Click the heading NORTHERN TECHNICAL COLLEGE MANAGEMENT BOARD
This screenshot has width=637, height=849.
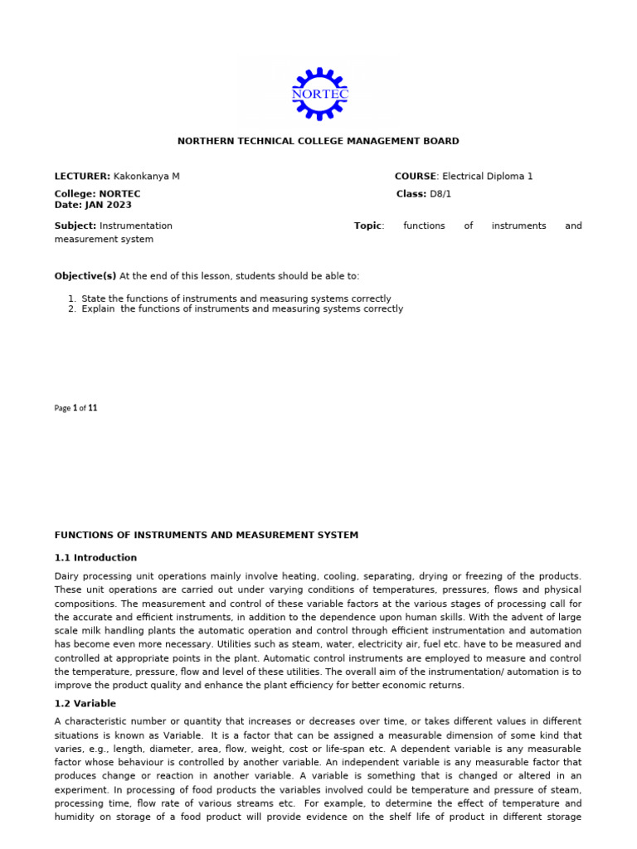pos(318,142)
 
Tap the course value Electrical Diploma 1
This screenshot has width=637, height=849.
pos(488,177)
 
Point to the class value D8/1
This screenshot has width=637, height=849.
pos(440,194)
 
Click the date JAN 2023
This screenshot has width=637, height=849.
pos(107,205)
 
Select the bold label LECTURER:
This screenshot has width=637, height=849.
pos(82,177)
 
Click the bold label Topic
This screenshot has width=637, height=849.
pos(367,226)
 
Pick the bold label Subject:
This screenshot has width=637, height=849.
pos(75,226)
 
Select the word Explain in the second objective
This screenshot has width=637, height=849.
pos(99,309)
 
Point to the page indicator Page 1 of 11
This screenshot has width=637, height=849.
pos(76,408)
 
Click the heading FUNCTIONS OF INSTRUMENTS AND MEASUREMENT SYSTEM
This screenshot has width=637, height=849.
pos(207,536)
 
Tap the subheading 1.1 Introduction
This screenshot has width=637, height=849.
pos(95,558)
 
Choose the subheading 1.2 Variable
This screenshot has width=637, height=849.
pos(85,704)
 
